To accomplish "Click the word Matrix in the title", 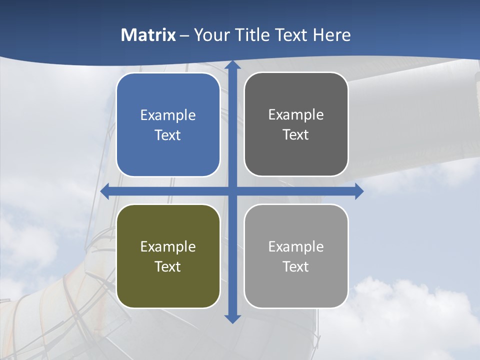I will tap(148, 35).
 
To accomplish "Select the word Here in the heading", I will tap(332, 35).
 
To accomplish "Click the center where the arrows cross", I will tap(232, 191).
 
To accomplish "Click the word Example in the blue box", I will tap(168, 115).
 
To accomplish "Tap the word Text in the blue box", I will tap(168, 135).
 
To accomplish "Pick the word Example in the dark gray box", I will tap(296, 115).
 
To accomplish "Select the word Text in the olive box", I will tap(168, 266).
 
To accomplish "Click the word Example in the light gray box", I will tap(296, 246).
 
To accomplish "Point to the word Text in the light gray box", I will tap(296, 266).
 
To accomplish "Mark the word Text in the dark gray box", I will tap(296, 134).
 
